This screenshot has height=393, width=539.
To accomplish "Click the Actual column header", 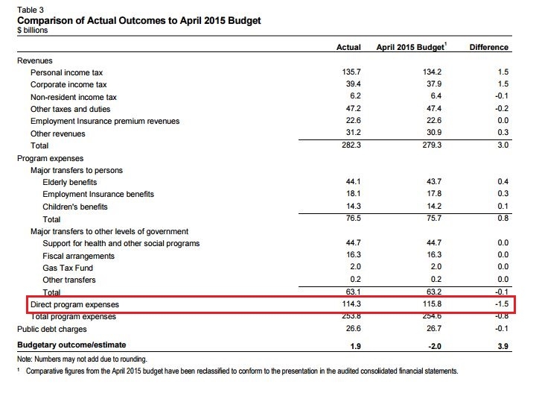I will tap(349, 47).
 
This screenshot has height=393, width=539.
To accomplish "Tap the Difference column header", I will tap(489, 47).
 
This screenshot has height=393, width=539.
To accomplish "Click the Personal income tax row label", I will tap(66, 72).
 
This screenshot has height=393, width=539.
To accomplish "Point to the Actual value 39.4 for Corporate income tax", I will tap(350, 84).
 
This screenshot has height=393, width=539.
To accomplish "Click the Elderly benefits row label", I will tap(70, 183).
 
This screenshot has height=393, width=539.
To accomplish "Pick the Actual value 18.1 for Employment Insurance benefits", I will tap(350, 195).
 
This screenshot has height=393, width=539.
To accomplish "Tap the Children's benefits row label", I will tap(75, 207).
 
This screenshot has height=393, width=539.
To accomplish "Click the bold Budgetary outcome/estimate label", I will tap(71, 345).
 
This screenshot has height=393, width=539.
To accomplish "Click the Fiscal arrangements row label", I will tap(78, 256).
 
